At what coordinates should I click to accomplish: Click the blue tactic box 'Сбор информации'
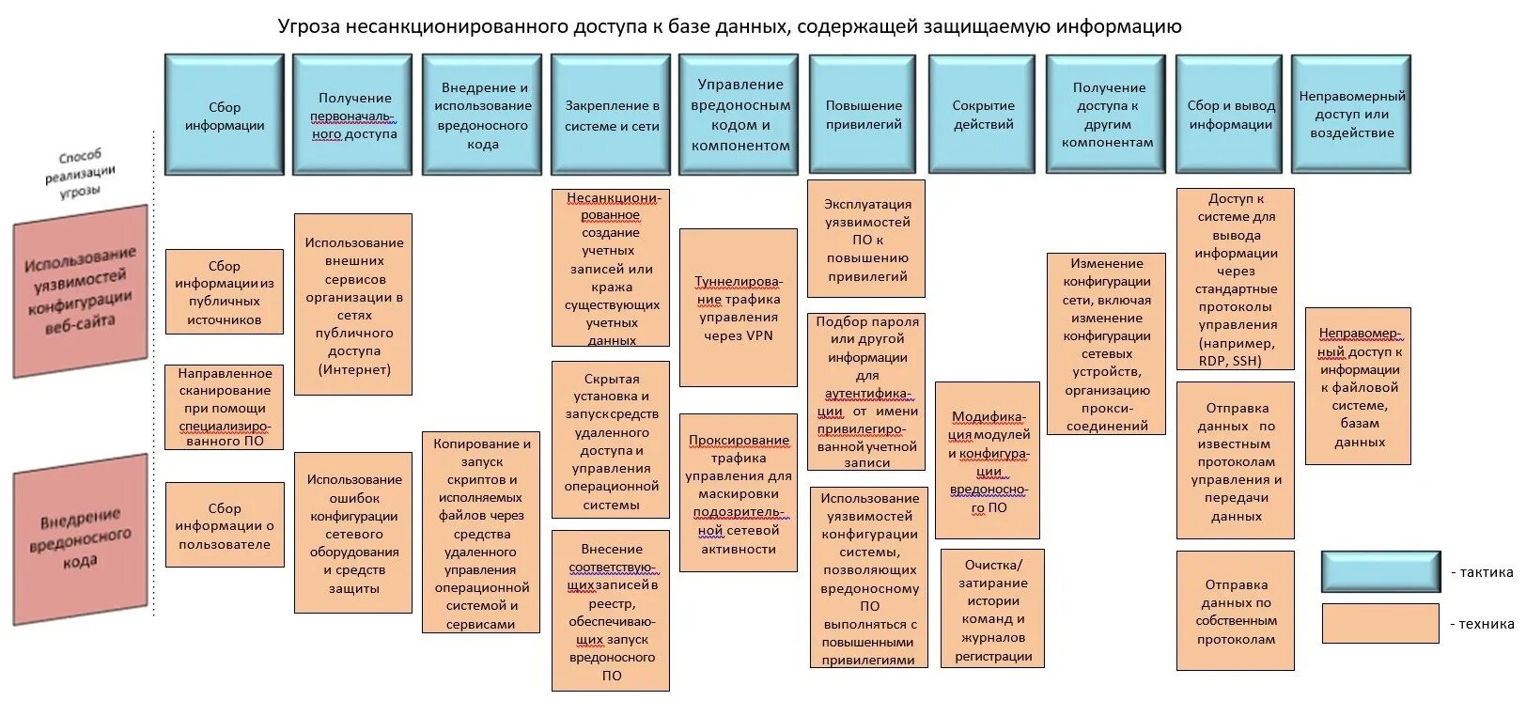click(x=224, y=115)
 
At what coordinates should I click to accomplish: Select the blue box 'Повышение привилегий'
click(x=864, y=115)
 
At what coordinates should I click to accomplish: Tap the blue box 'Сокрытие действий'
click(x=982, y=115)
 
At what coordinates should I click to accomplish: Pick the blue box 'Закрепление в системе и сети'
click(x=611, y=115)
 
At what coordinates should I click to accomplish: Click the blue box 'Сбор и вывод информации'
click(x=1230, y=115)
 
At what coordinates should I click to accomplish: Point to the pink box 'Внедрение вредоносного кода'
click(x=80, y=539)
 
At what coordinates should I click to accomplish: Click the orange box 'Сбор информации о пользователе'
click(x=225, y=525)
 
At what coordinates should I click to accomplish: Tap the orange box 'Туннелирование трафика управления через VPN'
click(x=739, y=307)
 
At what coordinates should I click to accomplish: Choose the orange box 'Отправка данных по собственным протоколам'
click(x=1235, y=611)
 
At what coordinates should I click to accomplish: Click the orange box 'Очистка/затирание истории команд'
click(x=992, y=609)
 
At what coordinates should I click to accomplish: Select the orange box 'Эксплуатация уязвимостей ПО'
click(x=866, y=239)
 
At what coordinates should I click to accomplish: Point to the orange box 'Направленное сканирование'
click(x=224, y=407)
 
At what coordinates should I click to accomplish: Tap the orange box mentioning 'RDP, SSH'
click(x=1235, y=278)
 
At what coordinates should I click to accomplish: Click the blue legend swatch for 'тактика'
click(x=1379, y=571)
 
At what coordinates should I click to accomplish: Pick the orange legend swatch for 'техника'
click(x=1379, y=623)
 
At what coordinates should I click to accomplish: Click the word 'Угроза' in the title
click(x=308, y=26)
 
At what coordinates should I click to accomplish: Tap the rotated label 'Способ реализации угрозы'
click(x=82, y=173)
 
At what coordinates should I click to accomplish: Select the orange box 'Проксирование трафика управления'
click(x=739, y=493)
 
